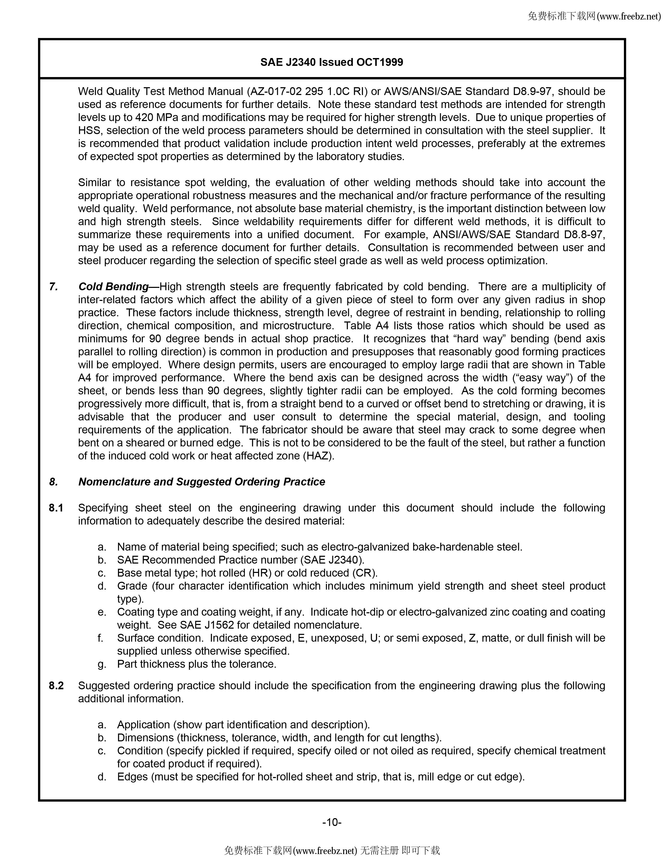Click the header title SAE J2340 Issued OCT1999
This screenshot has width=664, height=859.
tap(331, 62)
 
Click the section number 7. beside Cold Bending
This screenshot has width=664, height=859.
tap(53, 287)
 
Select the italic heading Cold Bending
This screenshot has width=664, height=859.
tap(113, 287)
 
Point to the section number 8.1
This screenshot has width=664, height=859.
tap(56, 508)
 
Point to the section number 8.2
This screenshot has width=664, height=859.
tap(56, 686)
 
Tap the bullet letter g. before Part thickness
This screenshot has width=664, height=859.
tap(102, 664)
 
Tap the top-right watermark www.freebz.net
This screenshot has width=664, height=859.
tap(628, 16)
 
